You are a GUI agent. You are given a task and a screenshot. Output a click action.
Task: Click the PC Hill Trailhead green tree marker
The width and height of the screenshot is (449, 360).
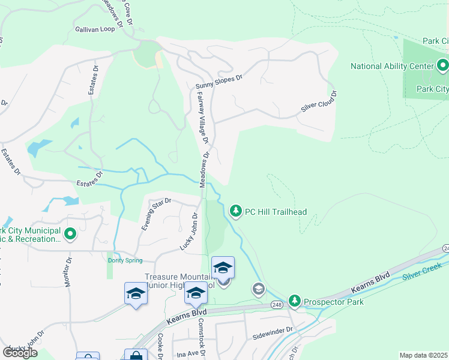point(236,211)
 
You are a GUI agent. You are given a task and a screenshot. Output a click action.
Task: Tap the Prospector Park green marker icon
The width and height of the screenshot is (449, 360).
point(295,300)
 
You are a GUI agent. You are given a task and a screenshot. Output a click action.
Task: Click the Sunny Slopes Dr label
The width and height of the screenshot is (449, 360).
point(218,83)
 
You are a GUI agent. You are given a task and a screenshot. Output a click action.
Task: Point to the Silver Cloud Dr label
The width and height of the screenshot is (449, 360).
point(318,102)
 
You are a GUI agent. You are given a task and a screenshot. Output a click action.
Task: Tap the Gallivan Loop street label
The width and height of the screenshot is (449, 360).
point(95,29)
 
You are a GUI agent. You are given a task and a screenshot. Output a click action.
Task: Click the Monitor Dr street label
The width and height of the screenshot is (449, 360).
point(68,272)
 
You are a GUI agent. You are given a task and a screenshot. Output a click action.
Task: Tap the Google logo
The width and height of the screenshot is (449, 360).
point(20,352)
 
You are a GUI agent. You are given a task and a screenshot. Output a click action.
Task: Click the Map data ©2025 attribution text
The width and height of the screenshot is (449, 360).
point(424,355)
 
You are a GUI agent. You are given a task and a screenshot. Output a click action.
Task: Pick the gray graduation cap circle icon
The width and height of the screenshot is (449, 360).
point(258,289)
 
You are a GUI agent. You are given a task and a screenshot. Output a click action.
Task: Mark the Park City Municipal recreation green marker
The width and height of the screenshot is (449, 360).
point(70,233)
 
